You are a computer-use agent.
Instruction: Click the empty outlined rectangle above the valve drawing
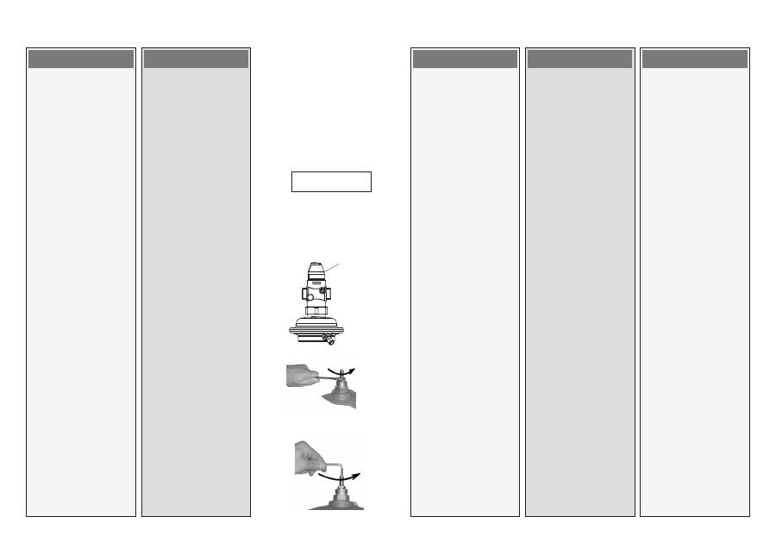(x=331, y=182)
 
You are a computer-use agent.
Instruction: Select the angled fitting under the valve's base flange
(x=329, y=341)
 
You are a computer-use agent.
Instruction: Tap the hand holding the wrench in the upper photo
(x=300, y=375)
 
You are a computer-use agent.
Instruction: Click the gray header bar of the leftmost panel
(x=81, y=59)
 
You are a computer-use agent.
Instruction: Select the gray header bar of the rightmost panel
(x=695, y=59)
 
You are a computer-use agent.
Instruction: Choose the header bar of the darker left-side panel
(x=196, y=59)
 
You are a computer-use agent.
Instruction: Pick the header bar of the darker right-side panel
(x=579, y=59)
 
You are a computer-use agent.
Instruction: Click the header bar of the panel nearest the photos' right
(x=465, y=59)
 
